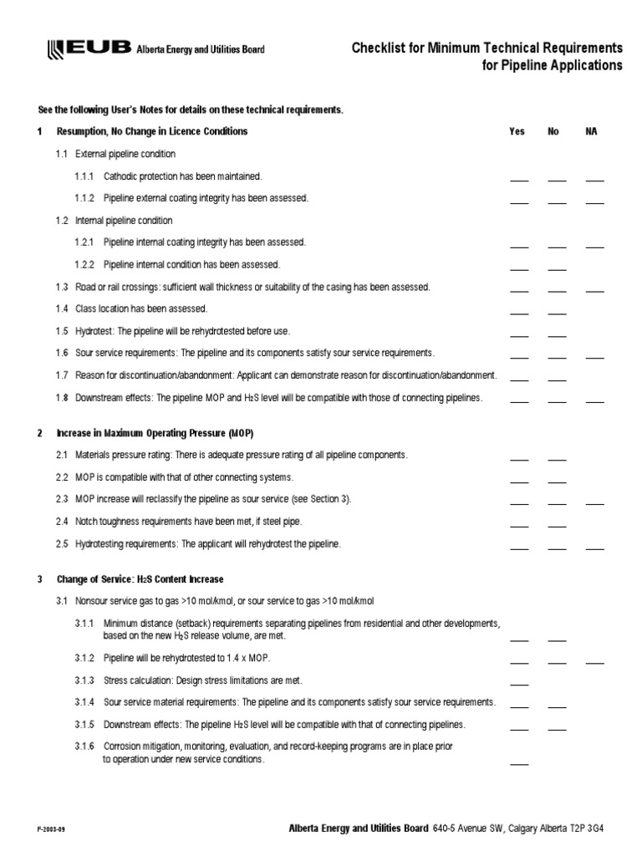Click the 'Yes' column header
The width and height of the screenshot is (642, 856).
(517, 132)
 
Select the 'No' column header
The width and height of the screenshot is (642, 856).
(553, 132)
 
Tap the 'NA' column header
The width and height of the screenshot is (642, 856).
(592, 132)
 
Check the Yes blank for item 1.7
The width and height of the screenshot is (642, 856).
(519, 379)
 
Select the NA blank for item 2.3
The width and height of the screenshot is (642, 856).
(594, 502)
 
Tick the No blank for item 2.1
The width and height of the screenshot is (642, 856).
(557, 458)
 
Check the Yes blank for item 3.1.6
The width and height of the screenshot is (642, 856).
(519, 762)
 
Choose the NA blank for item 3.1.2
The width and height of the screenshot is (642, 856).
(594, 661)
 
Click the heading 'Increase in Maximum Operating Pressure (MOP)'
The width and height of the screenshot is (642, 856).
(155, 433)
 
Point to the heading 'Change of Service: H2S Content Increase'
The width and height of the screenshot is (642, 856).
(140, 579)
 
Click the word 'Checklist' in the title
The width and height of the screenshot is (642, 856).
(379, 48)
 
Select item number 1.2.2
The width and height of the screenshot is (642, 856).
(85, 264)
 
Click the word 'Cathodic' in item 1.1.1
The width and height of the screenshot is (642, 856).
(120, 176)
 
